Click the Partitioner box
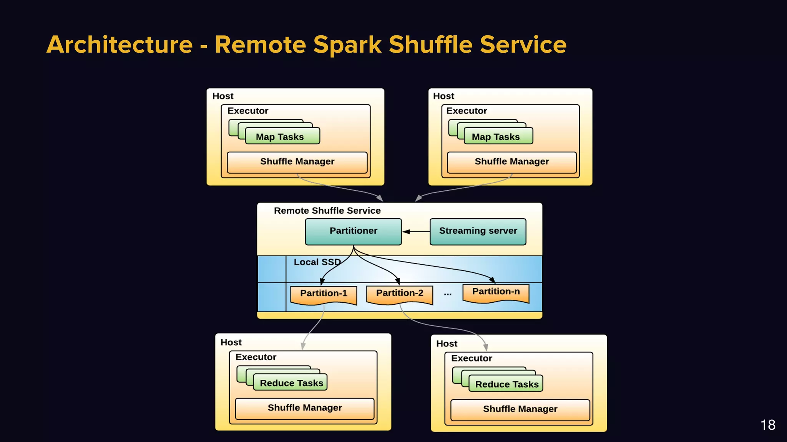(353, 231)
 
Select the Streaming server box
(478, 231)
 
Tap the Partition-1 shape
(324, 294)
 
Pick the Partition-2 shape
(400, 294)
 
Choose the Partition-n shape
(496, 292)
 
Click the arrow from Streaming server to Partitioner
(416, 232)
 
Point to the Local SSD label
(317, 262)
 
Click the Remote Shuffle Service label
(327, 211)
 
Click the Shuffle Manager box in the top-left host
(297, 162)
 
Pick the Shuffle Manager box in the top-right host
(511, 162)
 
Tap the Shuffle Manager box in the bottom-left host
(304, 408)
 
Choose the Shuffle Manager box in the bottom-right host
(520, 409)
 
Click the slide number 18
(767, 425)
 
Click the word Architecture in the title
(120, 45)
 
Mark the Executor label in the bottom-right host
(472, 358)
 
